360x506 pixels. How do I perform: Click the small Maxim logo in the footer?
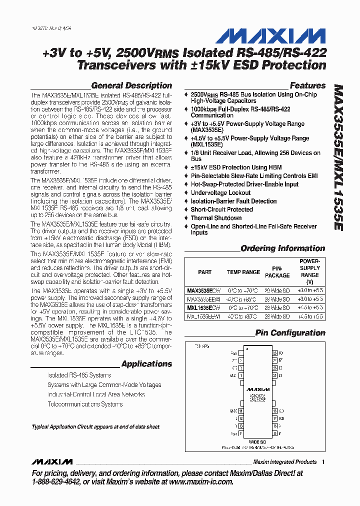(x=51, y=461)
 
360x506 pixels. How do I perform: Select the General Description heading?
(x=131, y=85)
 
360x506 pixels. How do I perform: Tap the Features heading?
(x=307, y=85)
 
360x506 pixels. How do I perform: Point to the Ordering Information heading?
(x=282, y=248)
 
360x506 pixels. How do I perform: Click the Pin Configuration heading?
(x=290, y=333)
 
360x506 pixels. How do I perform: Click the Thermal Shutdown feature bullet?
(x=216, y=218)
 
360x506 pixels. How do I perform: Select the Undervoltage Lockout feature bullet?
(x=220, y=192)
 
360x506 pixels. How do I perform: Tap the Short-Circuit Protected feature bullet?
(x=221, y=209)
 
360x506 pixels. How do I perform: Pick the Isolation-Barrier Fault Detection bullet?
(x=233, y=201)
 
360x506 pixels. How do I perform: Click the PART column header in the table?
(x=204, y=272)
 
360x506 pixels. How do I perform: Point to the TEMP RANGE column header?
(x=243, y=272)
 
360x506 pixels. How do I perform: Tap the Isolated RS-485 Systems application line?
(x=79, y=375)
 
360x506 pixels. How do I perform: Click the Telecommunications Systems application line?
(x=84, y=404)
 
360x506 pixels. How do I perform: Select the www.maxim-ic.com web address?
(x=201, y=481)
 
